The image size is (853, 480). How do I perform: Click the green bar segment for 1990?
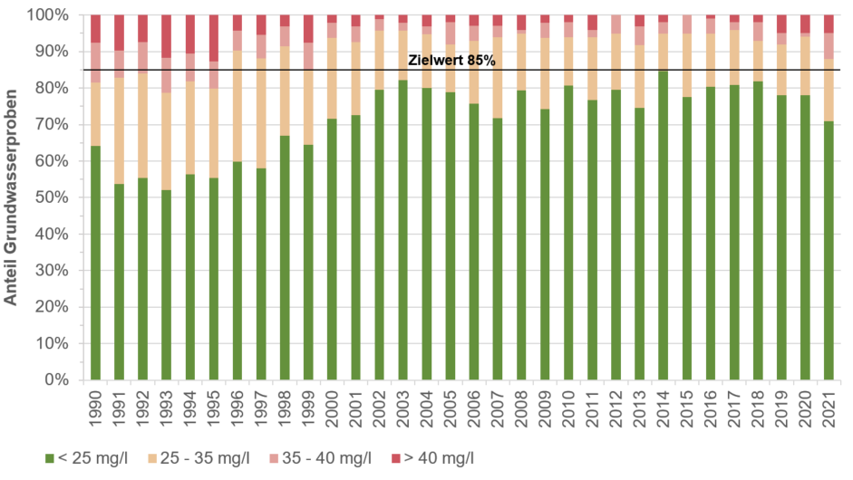coord(95,263)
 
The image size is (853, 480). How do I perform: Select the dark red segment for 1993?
coord(166,36)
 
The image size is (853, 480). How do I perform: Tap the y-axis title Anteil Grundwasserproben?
coord(14,197)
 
